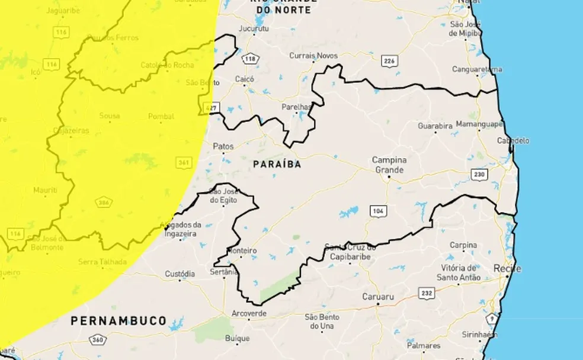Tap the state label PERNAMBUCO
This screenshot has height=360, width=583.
coord(118,320)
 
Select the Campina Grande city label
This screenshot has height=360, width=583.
coord(389,165)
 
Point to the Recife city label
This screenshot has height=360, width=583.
coord(508,268)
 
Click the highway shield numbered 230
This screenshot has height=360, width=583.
coord(479,174)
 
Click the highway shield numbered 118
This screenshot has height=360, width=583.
coord(250,59)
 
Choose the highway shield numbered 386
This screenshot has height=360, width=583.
coord(104,202)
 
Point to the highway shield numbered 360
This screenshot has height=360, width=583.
coord(97,340)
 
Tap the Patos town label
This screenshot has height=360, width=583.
coord(223,146)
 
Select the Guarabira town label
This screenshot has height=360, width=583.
coord(435,126)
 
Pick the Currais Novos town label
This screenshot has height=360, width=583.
coord(313,55)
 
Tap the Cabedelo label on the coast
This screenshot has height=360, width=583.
coord(514,141)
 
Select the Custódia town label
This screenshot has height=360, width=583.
coord(180,274)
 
